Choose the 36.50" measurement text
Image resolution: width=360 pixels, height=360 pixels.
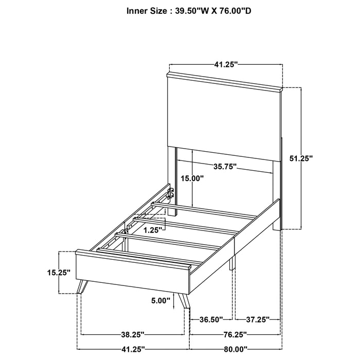(211, 319)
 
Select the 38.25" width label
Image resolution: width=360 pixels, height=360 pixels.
(133, 333)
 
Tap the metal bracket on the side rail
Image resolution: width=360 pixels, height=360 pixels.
(170, 193)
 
